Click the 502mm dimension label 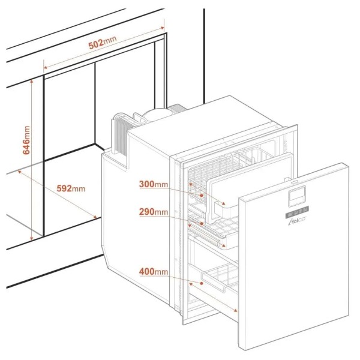[x=103, y=43]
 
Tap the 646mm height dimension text [x=26, y=140]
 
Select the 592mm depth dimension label [x=71, y=188]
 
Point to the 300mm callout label [x=154, y=184]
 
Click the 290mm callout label [x=154, y=212]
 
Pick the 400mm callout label [x=154, y=272]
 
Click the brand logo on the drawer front [x=296, y=221]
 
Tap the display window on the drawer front [x=296, y=195]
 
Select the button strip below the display [x=297, y=212]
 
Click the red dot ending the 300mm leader [x=202, y=196]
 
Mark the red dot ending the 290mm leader [x=202, y=223]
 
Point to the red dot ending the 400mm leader [x=202, y=283]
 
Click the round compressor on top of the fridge [x=155, y=113]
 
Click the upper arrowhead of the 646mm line [x=32, y=81]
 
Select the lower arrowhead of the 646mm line [x=32, y=239]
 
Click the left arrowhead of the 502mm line [x=45, y=67]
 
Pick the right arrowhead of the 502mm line [x=163, y=28]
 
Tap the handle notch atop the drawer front [x=294, y=182]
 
